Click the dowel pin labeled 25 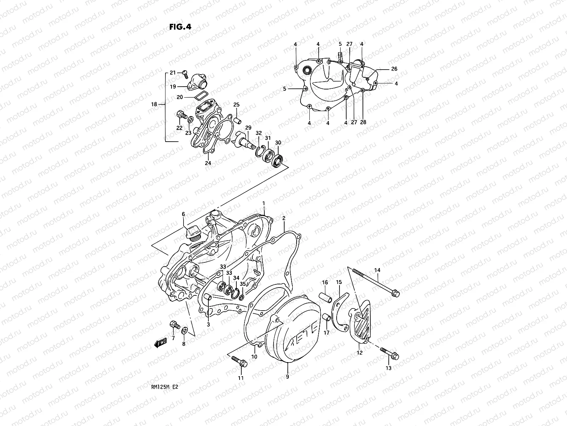pos(237,117)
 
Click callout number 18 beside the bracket pos(154,104)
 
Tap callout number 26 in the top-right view pos(394,69)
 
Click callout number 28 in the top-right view pos(363,122)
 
